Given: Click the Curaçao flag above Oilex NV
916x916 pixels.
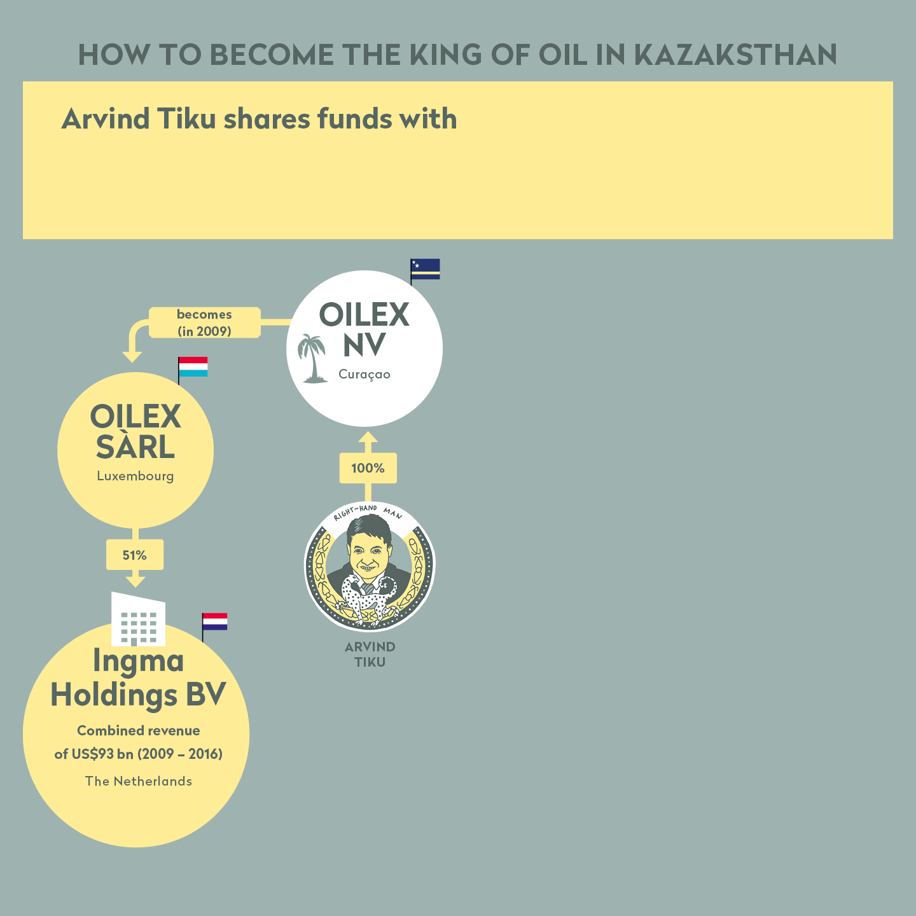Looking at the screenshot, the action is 426,269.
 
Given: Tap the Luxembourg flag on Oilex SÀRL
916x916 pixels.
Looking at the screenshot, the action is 193,367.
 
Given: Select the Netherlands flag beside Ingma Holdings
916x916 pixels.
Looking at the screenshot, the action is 215,621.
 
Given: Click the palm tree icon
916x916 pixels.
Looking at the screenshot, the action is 312,358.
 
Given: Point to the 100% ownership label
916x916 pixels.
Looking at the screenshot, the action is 368,468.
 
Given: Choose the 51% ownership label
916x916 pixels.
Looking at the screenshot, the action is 134,555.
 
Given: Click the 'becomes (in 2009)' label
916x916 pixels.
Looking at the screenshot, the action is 204,323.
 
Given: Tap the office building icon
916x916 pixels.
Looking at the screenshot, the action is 138,619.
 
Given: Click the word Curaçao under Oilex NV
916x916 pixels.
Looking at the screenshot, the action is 364,375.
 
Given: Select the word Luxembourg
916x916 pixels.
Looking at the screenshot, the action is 135,476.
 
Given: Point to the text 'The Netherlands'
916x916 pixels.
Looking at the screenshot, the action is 139,781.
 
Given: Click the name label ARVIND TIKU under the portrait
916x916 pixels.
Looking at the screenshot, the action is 370,654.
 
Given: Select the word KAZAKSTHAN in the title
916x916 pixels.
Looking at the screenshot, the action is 735,55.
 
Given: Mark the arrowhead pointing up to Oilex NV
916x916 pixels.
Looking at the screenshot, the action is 368,437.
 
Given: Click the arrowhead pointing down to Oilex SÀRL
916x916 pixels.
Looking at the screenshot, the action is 132,357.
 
